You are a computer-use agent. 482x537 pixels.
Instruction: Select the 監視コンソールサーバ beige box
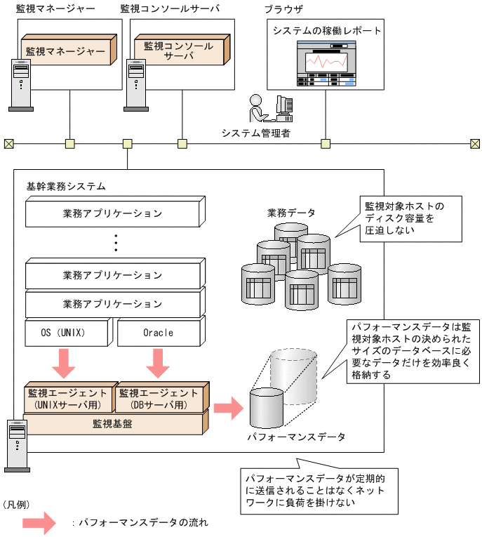click(x=178, y=51)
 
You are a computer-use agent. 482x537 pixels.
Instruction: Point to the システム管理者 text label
click(x=255, y=133)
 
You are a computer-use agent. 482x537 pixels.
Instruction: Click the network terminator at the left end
click(x=8, y=144)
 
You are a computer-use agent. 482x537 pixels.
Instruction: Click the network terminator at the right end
click(x=475, y=144)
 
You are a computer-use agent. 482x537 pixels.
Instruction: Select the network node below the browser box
click(x=326, y=144)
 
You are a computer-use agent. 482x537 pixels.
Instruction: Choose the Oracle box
click(x=159, y=333)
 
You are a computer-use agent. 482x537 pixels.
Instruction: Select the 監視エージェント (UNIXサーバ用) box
click(x=67, y=399)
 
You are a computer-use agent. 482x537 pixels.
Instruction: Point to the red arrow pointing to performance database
click(x=227, y=408)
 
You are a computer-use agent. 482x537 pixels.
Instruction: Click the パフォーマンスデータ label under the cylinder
click(x=295, y=437)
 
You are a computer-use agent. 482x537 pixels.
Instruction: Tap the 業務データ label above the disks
click(x=291, y=212)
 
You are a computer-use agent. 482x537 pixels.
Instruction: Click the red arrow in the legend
click(x=39, y=523)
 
